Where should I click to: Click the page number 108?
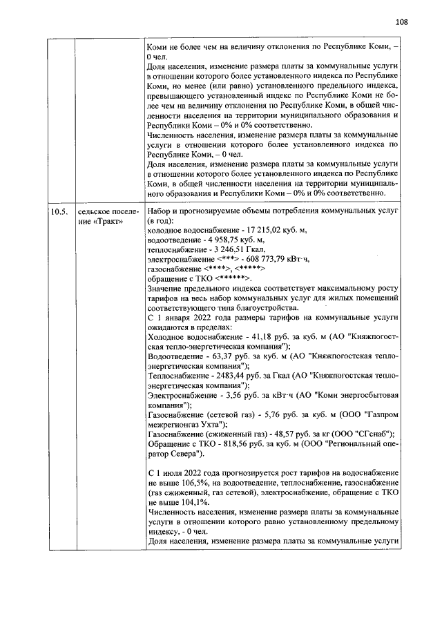401,21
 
